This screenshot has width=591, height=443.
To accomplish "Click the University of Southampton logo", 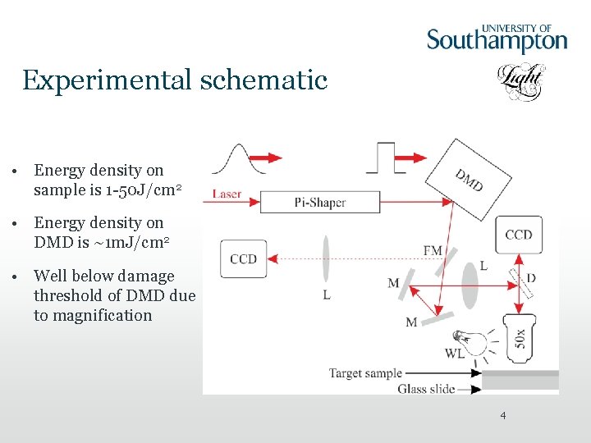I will point(497,38).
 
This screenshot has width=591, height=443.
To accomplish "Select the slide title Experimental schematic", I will point(175,80).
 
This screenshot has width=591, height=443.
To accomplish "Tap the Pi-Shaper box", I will point(320,202).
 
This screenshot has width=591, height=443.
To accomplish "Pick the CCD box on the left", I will point(244,259).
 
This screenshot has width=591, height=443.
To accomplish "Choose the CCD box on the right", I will point(519,235).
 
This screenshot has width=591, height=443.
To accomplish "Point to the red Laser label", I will point(227,194).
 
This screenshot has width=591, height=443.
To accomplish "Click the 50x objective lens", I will point(520,337).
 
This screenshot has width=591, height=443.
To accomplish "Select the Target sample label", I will point(365,373).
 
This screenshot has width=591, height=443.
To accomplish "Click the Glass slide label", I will point(426,389).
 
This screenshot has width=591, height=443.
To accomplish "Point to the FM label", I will point(433,249).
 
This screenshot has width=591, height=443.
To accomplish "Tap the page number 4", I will point(503,417).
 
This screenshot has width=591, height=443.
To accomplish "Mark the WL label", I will point(454,354).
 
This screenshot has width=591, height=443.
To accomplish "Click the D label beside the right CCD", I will point(531,279).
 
